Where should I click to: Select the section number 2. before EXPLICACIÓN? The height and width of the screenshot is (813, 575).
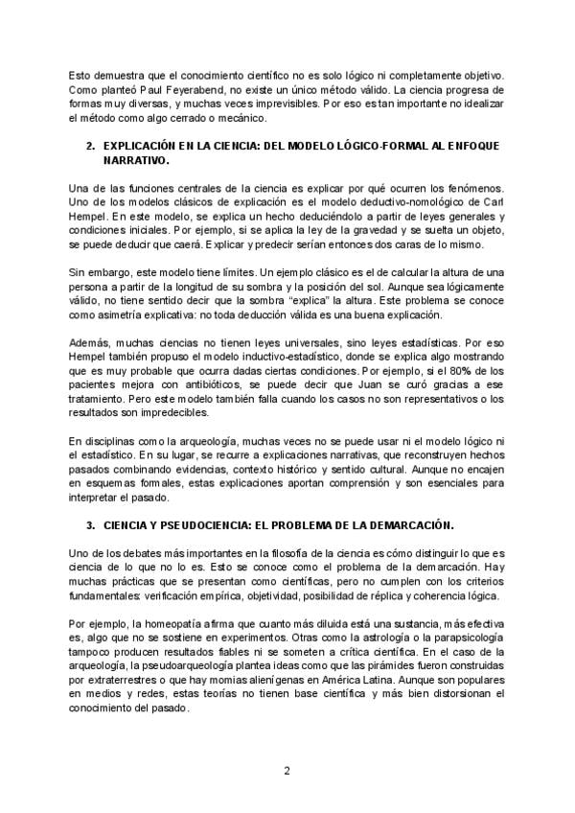tap(90, 146)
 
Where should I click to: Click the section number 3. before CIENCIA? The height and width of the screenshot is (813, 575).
tap(90, 525)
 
